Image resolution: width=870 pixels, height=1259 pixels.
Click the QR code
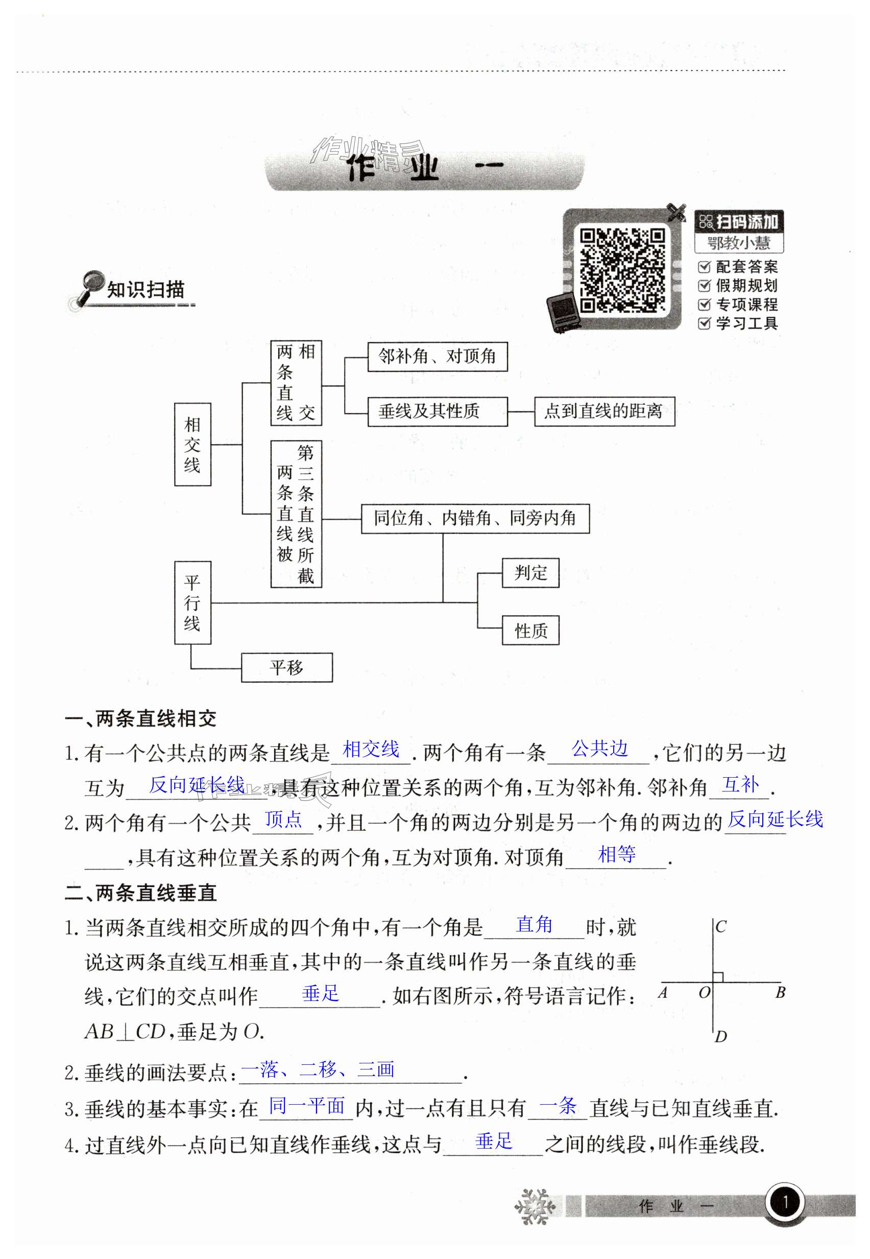[622, 270]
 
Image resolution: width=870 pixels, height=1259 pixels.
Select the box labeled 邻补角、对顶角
[437, 357]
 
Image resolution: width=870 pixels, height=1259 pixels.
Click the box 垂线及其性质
[437, 411]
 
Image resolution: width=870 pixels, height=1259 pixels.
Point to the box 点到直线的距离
[604, 411]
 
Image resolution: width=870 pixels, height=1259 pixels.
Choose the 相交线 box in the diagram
[192, 445]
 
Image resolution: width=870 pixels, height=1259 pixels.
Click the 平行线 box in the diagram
[192, 603]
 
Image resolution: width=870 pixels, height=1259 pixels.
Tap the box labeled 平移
[287, 667]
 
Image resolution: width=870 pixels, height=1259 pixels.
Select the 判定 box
[530, 573]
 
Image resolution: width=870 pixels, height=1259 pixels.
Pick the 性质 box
[530, 631]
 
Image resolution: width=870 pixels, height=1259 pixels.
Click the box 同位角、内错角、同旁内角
[475, 518]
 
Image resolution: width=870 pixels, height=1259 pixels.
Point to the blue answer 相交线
[371, 750]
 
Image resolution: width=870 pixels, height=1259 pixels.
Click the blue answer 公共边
[599, 749]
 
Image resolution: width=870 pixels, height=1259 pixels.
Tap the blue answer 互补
[740, 784]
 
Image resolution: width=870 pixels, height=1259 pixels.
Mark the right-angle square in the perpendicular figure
[718, 977]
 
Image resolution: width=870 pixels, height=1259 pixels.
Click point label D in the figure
[720, 1036]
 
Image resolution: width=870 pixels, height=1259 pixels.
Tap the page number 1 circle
[785, 1202]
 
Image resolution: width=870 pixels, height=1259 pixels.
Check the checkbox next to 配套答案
[704, 267]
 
